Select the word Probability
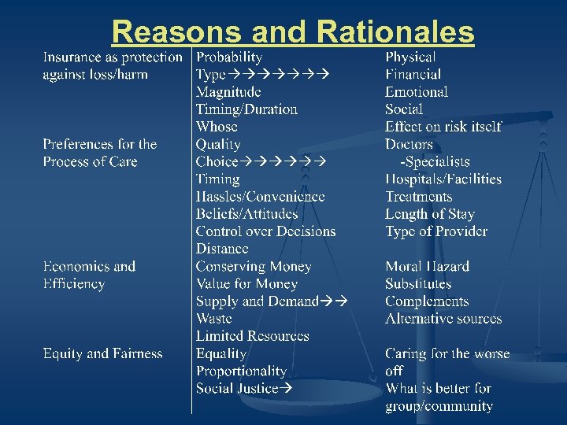point(229,57)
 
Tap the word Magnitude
point(228,92)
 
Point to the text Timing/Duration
point(246,109)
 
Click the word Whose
point(217,127)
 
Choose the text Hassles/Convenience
point(260,197)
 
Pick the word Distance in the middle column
point(222,249)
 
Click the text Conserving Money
point(254,267)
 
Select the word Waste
point(213,319)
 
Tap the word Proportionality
point(241,371)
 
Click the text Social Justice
point(237,388)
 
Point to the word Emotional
point(417,92)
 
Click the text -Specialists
point(435,161)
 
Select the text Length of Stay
point(430,214)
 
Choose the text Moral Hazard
point(427,267)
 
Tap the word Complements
point(427,301)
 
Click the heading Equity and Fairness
point(102,354)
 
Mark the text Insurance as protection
point(112,57)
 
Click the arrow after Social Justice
point(287,388)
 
